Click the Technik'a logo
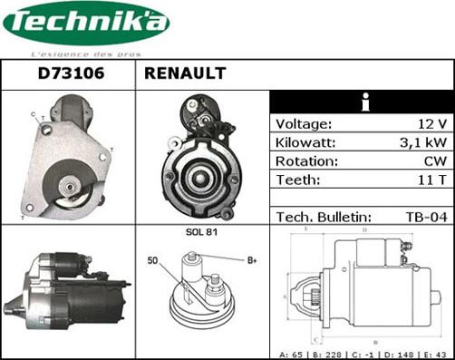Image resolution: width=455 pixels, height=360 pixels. tap(86, 24)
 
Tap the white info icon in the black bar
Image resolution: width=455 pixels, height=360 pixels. tap(364, 102)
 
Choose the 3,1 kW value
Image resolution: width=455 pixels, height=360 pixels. tap(424, 143)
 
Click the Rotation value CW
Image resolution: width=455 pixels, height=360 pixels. tap(434, 161)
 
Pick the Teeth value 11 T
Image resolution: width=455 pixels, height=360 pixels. tap(431, 180)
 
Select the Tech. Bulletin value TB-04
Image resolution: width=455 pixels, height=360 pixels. tap(426, 217)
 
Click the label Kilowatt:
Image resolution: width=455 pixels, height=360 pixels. tap(306, 143)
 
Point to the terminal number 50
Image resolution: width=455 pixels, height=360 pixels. tap(153, 261)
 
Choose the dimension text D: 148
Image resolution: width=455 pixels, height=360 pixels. tap(400, 354)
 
